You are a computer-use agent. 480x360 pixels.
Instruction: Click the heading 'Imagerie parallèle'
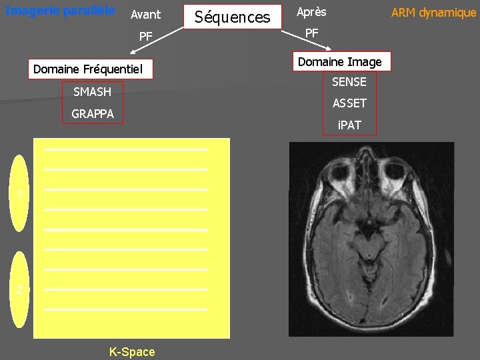[x=60, y=11]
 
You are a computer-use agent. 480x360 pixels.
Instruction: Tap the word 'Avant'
[x=145, y=14]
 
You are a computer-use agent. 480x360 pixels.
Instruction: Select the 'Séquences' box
[x=233, y=17]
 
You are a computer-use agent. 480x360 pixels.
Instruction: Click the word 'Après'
[x=311, y=13]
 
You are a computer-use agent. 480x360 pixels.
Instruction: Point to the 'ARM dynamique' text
[x=433, y=13]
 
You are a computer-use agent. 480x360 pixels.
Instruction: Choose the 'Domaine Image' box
[x=340, y=62]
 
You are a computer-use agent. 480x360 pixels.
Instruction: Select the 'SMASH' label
[x=92, y=92]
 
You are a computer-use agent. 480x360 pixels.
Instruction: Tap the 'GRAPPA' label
[x=92, y=114]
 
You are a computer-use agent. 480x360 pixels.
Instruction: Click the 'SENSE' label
[x=349, y=81]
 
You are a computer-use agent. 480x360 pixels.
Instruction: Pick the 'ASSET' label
[x=349, y=103]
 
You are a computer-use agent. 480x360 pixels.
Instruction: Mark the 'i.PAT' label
[x=349, y=125]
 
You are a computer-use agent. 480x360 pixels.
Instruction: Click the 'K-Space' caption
[x=132, y=351]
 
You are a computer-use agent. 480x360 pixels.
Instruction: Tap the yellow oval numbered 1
[x=21, y=193]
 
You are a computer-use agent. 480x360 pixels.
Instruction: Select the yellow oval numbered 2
[x=21, y=289]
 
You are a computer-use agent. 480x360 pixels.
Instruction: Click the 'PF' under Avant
[x=145, y=36]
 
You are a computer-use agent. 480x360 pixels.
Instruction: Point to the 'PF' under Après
[x=311, y=33]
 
